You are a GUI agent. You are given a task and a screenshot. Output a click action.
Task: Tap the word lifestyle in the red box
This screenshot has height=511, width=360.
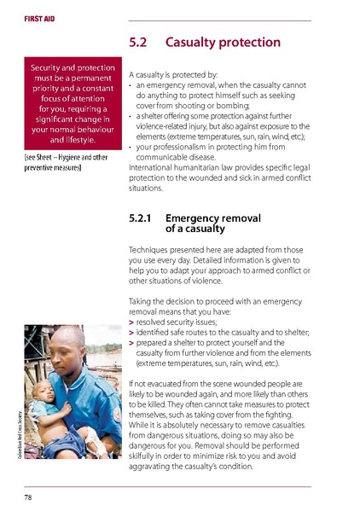click(78, 139)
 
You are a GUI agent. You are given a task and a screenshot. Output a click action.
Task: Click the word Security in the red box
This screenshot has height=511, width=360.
click(49, 67)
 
